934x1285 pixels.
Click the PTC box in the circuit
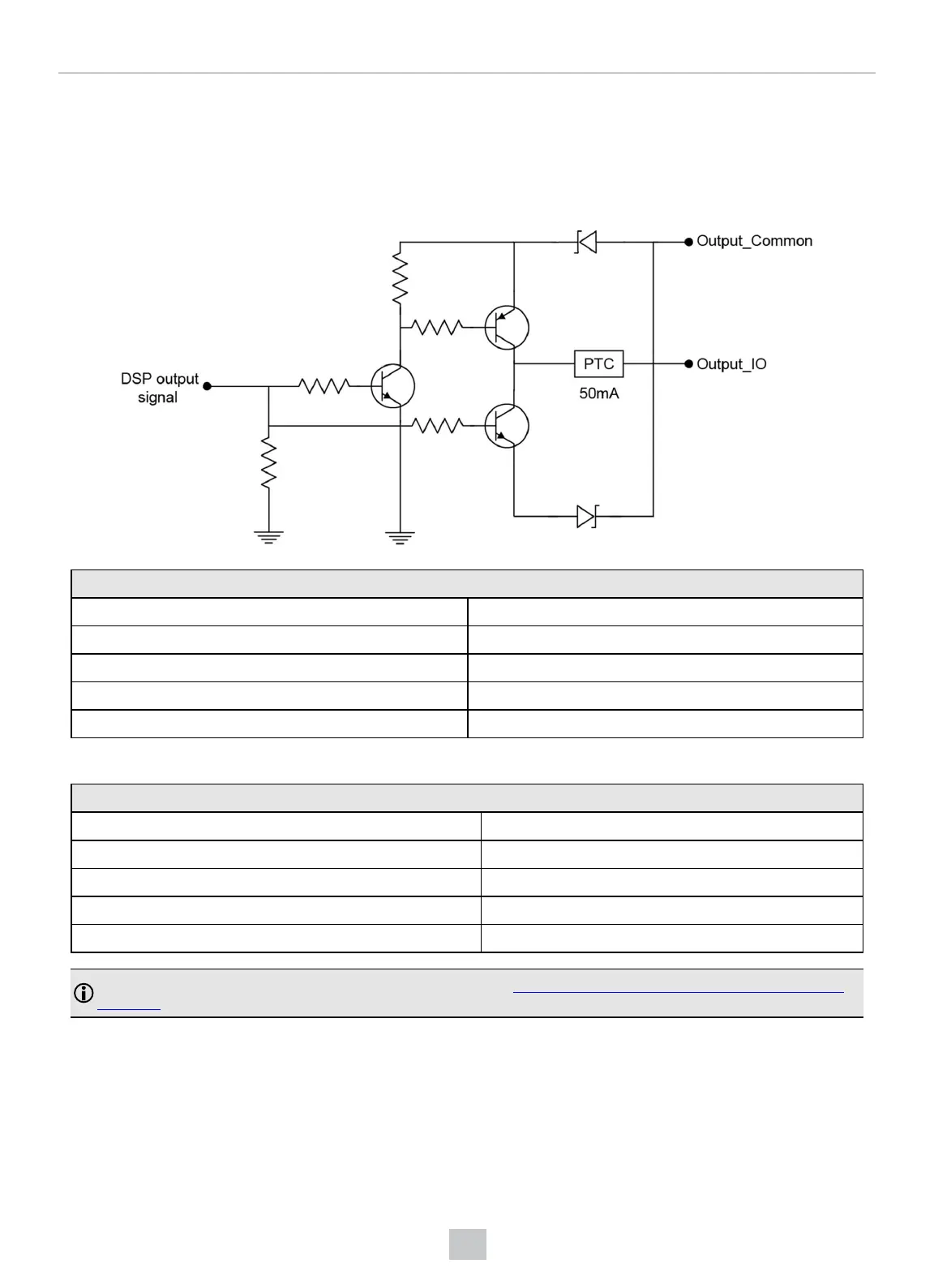[x=599, y=364]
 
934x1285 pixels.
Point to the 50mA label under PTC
[x=599, y=393]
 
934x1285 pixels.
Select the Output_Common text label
[x=754, y=241]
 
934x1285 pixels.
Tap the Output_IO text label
[x=731, y=364]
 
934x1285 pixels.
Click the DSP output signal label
[x=159, y=388]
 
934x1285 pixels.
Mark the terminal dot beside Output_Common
[x=689, y=242]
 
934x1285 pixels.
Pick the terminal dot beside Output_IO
[x=689, y=364]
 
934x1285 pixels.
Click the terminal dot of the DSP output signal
[x=207, y=387]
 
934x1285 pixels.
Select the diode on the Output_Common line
[x=586, y=242]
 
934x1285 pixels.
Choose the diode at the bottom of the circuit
[x=586, y=516]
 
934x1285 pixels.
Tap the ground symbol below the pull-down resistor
[x=268, y=536]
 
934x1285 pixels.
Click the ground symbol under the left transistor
[x=400, y=537]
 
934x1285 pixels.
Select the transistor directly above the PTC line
[x=507, y=328]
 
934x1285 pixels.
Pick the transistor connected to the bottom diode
[x=507, y=426]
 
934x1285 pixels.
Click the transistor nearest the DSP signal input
[x=393, y=386]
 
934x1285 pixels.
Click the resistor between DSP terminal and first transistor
[x=323, y=386]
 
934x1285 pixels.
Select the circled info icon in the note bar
[x=84, y=993]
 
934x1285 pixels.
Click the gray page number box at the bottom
[x=468, y=1244]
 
